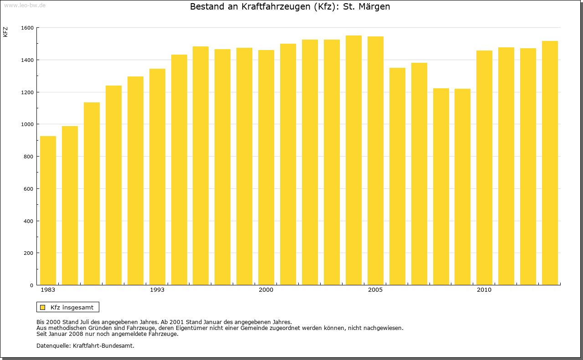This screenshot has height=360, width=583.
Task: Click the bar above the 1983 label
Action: click(x=48, y=210)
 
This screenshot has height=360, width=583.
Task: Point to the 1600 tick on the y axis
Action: click(x=27, y=28)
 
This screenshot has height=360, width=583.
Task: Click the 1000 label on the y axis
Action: click(x=27, y=124)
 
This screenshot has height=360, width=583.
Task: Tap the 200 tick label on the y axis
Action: click(x=29, y=253)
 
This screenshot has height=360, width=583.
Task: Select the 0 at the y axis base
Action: click(x=32, y=285)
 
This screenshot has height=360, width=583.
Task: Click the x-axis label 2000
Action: click(x=266, y=290)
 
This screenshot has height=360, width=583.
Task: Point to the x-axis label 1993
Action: click(x=157, y=290)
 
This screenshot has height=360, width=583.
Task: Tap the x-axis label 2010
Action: click(x=484, y=290)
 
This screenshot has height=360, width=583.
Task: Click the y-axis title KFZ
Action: click(x=5, y=32)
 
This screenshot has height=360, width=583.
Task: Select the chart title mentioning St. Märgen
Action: click(x=290, y=7)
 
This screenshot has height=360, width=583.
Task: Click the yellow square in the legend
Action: click(x=42, y=307)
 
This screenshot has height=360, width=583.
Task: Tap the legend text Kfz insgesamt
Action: click(x=72, y=307)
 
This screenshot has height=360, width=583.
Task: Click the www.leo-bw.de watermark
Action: click(x=25, y=5)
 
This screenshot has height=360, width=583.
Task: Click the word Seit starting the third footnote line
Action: click(x=42, y=334)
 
